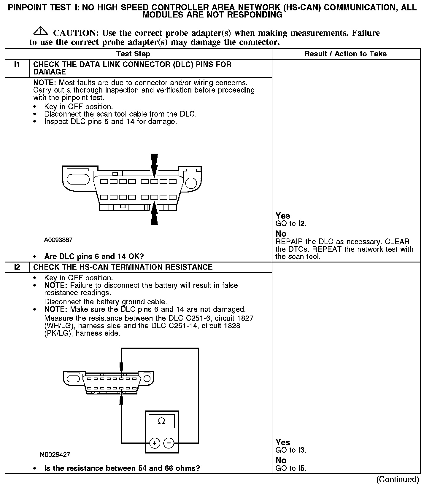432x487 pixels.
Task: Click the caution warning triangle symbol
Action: (x=41, y=31)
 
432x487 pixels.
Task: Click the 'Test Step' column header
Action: (x=133, y=54)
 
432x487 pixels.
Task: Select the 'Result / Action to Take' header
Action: (x=345, y=54)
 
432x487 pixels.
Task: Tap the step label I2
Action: (x=17, y=267)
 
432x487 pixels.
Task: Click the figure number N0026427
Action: (x=55, y=454)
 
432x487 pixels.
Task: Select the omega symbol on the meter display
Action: (x=161, y=421)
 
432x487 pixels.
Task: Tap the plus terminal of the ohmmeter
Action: (x=155, y=443)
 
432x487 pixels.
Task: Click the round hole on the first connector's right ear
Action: (x=191, y=182)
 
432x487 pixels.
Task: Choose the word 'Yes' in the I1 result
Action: (x=282, y=216)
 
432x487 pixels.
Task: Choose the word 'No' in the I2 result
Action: (x=281, y=460)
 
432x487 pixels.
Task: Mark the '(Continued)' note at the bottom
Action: (x=397, y=479)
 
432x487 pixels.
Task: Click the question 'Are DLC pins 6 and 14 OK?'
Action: (x=94, y=256)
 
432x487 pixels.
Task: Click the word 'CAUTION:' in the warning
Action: (x=76, y=33)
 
